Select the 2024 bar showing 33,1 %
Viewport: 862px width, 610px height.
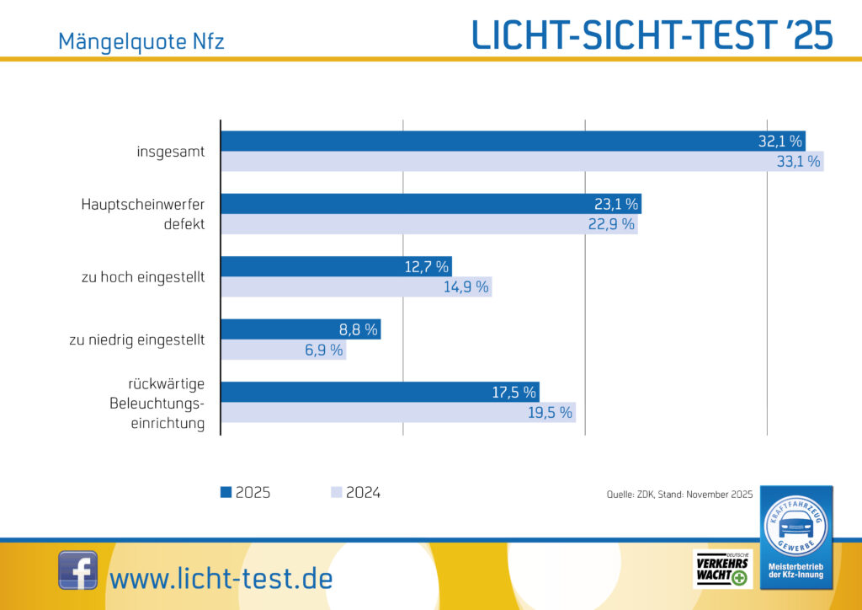coord(522,162)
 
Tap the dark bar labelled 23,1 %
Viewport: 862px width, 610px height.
coord(430,203)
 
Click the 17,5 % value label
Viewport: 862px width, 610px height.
coord(513,392)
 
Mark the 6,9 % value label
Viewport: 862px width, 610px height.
coord(324,350)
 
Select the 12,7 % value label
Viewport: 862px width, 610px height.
coord(426,266)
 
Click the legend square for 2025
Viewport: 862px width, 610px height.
coord(226,493)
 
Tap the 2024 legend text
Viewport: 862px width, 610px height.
coord(363,493)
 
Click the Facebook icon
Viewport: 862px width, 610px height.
coord(77,570)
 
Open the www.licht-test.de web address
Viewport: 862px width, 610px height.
coord(221,579)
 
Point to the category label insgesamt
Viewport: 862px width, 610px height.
coord(171,152)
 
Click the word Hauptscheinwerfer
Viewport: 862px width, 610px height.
coord(143,204)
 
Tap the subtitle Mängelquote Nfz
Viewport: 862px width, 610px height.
coord(141,40)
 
